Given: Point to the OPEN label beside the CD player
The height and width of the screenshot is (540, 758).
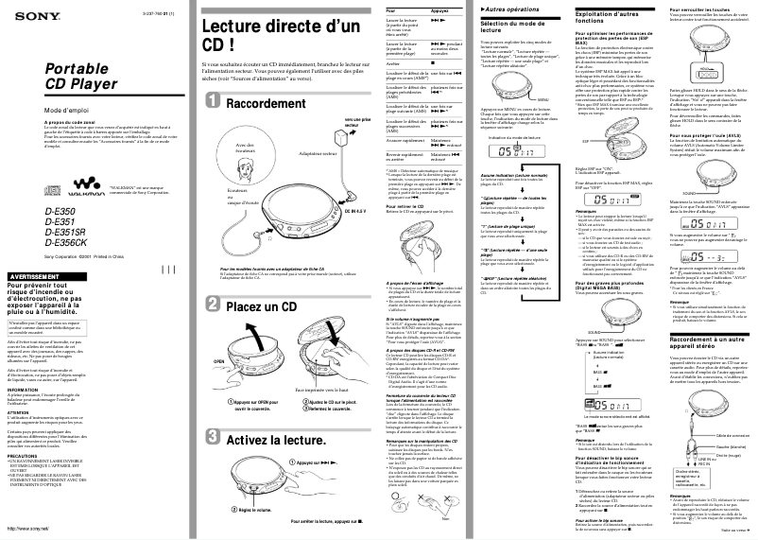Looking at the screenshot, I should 219,360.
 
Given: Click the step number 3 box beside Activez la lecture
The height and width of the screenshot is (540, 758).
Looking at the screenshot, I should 215,439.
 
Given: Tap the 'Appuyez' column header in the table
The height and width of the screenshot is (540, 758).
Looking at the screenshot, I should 439,9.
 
